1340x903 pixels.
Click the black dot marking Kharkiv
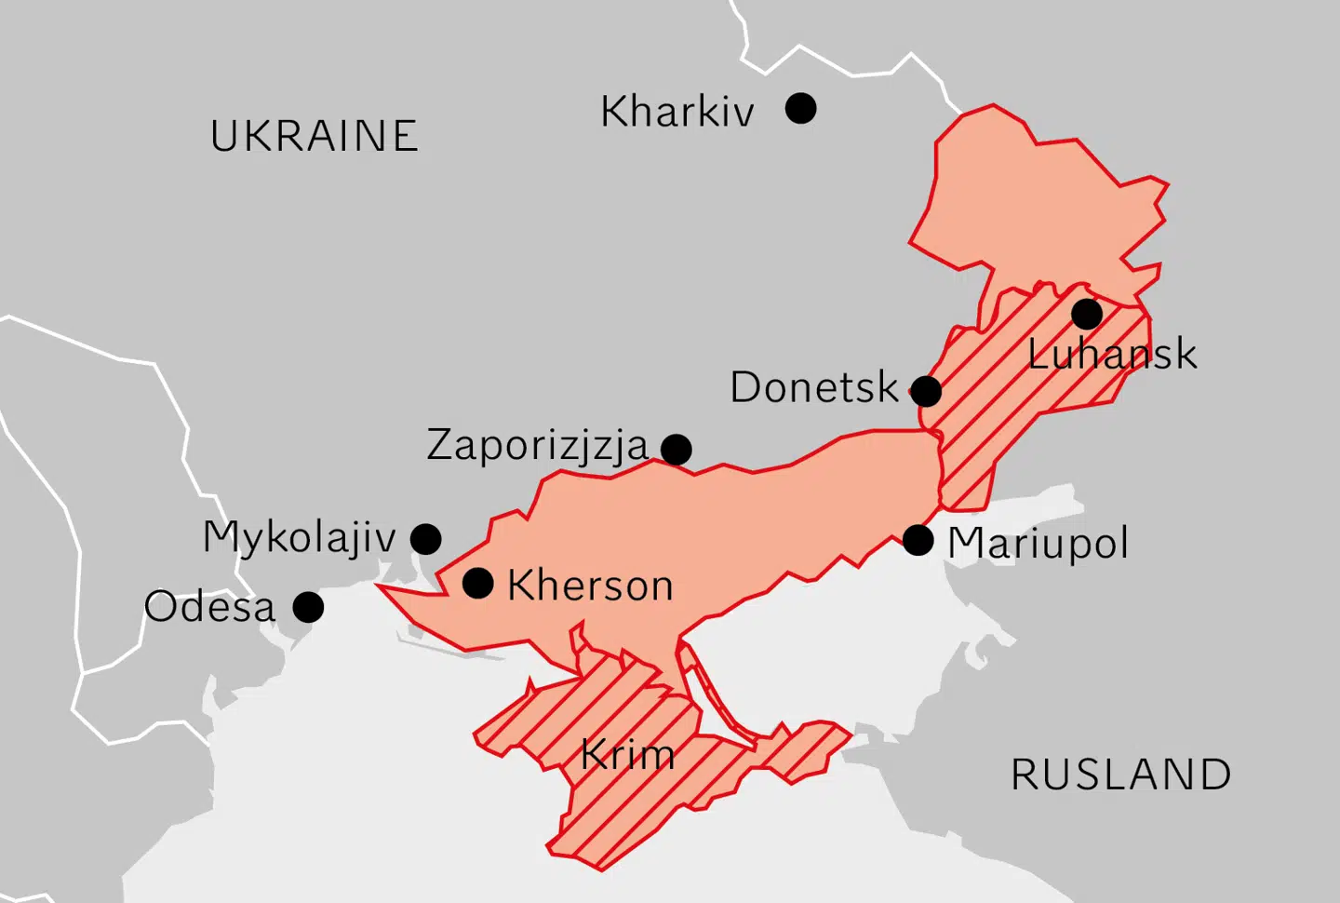pos(800,108)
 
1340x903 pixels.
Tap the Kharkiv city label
pos(677,113)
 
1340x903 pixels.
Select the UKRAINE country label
pos(314,137)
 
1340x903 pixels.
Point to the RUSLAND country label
pos(1121,775)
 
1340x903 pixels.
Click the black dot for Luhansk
pos(1086,314)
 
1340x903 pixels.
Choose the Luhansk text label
pos(1112,355)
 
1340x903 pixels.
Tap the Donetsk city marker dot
pos(926,391)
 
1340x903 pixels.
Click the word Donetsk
pos(814,388)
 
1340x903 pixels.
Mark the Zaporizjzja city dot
pos(677,450)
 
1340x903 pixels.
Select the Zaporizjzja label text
pos(537,446)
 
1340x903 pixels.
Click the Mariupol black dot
pos(918,540)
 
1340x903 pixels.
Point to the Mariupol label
pos(1038,544)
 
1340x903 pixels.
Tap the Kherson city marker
pos(478,584)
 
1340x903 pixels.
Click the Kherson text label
pos(590,586)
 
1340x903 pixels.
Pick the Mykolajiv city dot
pos(426,538)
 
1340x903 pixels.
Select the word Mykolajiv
pos(299,538)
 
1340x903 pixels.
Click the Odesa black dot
pos(308,607)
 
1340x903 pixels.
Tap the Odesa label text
pos(210,608)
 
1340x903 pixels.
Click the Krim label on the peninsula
pos(628,755)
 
